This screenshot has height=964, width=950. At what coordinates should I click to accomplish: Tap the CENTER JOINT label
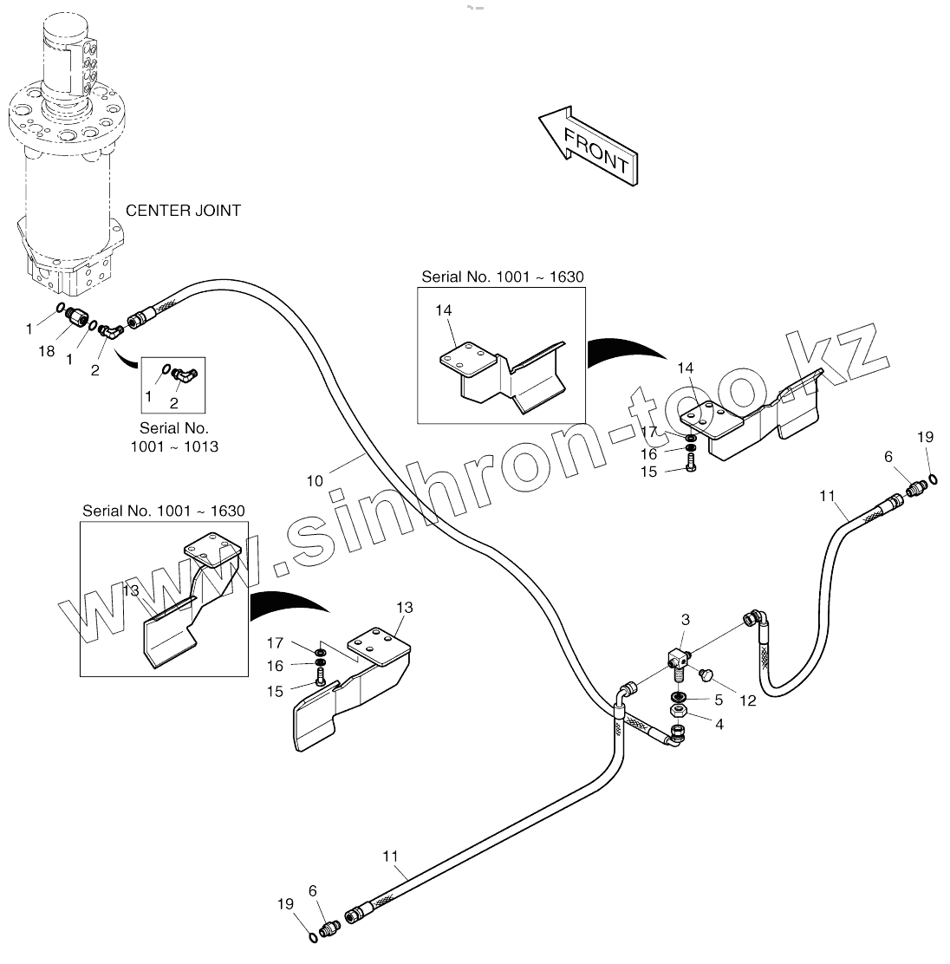183,211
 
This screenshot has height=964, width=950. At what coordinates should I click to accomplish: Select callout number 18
47,351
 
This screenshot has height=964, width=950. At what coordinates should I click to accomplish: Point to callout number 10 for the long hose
315,479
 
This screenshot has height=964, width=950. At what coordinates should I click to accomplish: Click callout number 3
685,620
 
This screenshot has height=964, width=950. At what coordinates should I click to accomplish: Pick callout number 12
748,700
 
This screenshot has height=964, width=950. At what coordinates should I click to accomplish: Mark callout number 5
718,700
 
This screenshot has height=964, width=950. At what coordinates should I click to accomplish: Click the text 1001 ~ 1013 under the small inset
174,446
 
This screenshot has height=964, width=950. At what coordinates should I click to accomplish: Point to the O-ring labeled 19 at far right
932,479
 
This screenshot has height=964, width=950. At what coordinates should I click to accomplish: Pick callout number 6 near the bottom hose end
312,889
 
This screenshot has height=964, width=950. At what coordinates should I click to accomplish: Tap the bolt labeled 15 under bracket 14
691,470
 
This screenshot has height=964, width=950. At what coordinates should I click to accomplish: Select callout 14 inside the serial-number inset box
444,310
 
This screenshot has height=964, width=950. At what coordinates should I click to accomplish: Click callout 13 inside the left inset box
130,590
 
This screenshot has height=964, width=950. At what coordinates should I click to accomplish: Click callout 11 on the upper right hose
827,496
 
